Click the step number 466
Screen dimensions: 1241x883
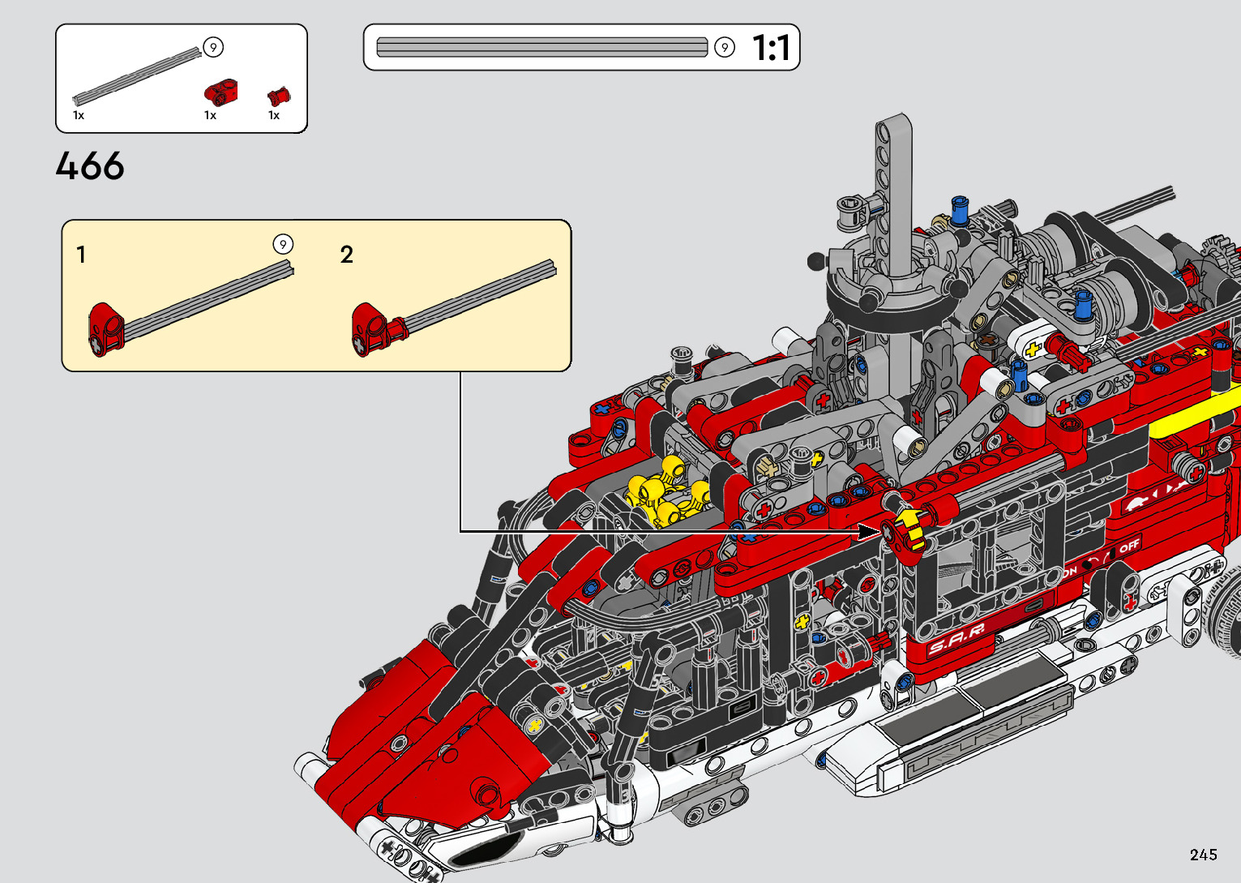90,165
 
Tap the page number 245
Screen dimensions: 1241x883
1204,854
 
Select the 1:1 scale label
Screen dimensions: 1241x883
771,47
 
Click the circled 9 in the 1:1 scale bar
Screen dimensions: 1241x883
724,47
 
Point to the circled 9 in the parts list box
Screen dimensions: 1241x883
213,47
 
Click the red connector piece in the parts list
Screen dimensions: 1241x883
221,92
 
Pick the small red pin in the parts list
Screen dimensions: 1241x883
279,96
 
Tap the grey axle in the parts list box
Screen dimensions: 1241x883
137,76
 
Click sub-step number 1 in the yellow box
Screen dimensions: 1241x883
81,255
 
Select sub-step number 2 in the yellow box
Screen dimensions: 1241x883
347,255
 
